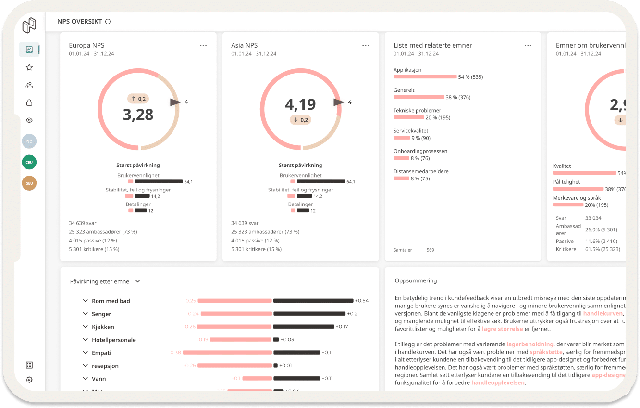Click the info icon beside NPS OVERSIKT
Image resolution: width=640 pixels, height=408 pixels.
click(x=108, y=22)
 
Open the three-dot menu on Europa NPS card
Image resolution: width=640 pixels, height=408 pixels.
click(x=203, y=45)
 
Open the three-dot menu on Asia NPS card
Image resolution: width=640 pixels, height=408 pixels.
click(x=366, y=45)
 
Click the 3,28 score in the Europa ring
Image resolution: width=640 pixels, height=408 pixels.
click(x=138, y=114)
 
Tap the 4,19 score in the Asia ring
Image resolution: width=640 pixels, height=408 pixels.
click(x=300, y=104)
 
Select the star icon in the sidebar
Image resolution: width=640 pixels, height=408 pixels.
click(x=29, y=67)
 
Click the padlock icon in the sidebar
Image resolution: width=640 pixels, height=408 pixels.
click(x=29, y=102)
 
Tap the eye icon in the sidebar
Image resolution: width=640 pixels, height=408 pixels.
click(x=29, y=120)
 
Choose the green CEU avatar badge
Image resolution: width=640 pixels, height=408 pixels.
click(x=29, y=162)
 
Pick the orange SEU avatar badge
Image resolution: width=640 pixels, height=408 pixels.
click(x=29, y=183)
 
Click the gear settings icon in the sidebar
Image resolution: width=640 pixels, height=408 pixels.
click(x=29, y=380)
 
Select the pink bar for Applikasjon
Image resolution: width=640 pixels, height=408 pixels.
click(x=425, y=77)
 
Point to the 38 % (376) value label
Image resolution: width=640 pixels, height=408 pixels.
click(x=458, y=98)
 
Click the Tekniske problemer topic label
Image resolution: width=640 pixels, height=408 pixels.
click(x=417, y=111)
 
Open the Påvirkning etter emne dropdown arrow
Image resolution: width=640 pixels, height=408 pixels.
click(x=138, y=281)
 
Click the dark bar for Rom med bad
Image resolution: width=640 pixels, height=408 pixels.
click(x=313, y=301)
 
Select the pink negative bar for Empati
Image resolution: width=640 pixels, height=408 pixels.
click(x=227, y=353)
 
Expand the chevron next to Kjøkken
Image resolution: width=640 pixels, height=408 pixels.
click(x=85, y=327)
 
